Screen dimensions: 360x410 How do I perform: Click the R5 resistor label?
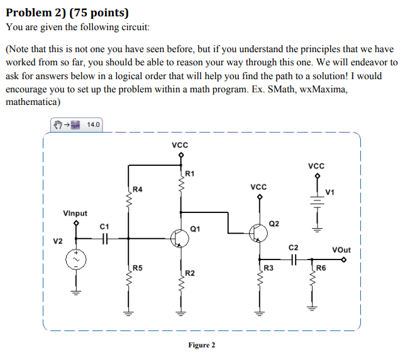(138, 268)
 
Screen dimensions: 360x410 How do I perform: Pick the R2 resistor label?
(190, 273)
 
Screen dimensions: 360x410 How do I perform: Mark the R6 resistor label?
(321, 268)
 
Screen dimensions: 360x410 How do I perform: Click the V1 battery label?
(330, 191)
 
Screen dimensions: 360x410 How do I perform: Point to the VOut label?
(341, 249)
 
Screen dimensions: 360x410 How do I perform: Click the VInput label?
(75, 213)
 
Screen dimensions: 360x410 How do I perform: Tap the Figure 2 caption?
(202, 345)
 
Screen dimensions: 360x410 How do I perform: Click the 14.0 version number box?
(93, 124)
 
